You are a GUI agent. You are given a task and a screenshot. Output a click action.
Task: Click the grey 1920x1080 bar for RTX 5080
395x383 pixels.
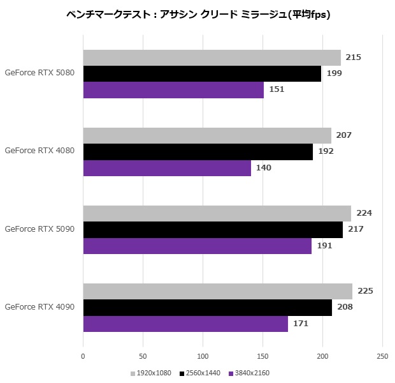(x=212, y=57)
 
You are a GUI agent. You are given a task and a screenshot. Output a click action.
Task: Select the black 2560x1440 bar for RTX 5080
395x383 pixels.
(x=202, y=73)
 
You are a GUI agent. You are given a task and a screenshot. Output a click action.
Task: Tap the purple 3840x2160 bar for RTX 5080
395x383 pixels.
(x=173, y=89)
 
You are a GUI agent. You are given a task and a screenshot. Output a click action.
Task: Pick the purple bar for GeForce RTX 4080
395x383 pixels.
(x=167, y=168)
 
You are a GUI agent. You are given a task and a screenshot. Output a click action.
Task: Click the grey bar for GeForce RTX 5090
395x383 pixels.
(x=217, y=213)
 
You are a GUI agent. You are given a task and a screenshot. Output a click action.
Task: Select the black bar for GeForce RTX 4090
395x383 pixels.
(x=207, y=308)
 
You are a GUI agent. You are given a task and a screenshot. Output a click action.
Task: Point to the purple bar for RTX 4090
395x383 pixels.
(x=185, y=324)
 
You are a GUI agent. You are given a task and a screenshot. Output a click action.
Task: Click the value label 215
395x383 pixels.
(x=353, y=57)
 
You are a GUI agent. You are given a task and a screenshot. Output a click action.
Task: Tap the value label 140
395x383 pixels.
(x=264, y=168)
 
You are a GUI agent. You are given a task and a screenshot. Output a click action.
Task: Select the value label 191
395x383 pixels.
(x=325, y=246)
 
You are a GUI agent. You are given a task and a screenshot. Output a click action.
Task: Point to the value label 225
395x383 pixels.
(x=365, y=291)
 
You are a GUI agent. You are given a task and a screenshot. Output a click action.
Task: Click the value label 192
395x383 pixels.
(x=326, y=151)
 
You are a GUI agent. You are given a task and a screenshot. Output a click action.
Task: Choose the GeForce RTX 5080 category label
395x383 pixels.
(x=39, y=73)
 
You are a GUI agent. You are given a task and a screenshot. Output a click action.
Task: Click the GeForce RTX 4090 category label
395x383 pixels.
(x=39, y=307)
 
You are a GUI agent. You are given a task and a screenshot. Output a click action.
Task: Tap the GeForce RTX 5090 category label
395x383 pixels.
(x=39, y=229)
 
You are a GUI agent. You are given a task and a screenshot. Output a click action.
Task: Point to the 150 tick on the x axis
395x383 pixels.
(x=262, y=356)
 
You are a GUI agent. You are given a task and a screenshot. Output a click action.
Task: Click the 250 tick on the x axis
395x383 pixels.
(x=382, y=356)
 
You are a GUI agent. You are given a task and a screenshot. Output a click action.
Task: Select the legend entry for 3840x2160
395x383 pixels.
(x=252, y=373)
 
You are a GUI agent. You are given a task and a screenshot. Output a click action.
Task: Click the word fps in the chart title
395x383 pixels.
(x=318, y=14)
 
